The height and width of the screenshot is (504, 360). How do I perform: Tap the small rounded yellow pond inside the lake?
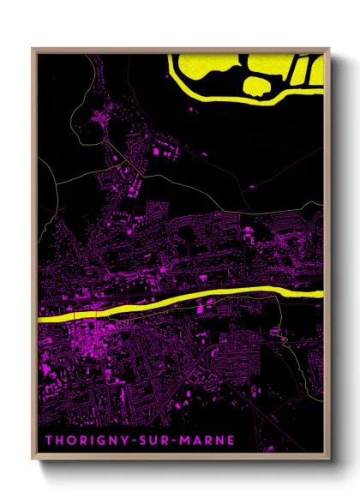(x=257, y=85)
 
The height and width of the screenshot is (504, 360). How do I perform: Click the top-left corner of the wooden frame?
(x=33, y=49)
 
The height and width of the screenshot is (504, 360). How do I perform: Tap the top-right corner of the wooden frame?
(x=329, y=49)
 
